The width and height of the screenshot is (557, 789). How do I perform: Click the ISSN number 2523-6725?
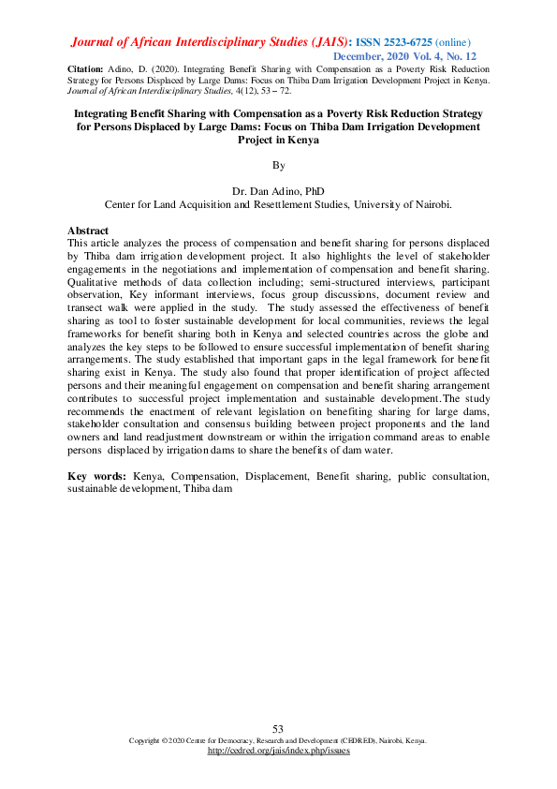point(407,42)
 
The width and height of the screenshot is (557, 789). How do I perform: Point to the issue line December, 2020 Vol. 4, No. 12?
point(406,56)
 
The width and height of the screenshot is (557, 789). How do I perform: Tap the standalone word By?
point(277,165)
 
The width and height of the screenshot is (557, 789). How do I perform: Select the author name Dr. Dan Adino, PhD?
point(277,190)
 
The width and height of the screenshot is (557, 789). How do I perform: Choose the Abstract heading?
point(88,231)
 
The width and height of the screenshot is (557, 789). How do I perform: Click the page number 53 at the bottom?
point(278,729)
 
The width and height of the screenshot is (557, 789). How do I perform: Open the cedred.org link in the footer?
point(278,751)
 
